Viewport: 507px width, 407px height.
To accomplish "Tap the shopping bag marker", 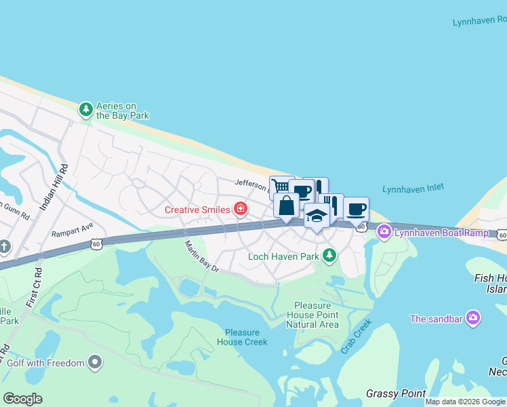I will [287, 205].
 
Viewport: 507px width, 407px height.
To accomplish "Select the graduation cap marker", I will [317, 216].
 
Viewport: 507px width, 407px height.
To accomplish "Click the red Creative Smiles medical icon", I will [240, 209].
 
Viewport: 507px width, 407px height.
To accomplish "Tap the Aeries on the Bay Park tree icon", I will [86, 109].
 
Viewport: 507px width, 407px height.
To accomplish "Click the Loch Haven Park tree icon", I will [329, 256].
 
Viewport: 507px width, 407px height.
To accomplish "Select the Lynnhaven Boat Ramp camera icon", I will [384, 233].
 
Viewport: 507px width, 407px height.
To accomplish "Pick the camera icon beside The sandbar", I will [473, 318].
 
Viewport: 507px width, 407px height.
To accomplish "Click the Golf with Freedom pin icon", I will [95, 363].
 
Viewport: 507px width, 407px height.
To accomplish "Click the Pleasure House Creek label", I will [243, 337].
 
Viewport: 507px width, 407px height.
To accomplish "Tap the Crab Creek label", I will [357, 336].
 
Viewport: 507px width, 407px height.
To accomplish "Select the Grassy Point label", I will [396, 393].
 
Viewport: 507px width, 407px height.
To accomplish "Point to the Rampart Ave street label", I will [72, 230].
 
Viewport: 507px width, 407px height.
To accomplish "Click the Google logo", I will [23, 399].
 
